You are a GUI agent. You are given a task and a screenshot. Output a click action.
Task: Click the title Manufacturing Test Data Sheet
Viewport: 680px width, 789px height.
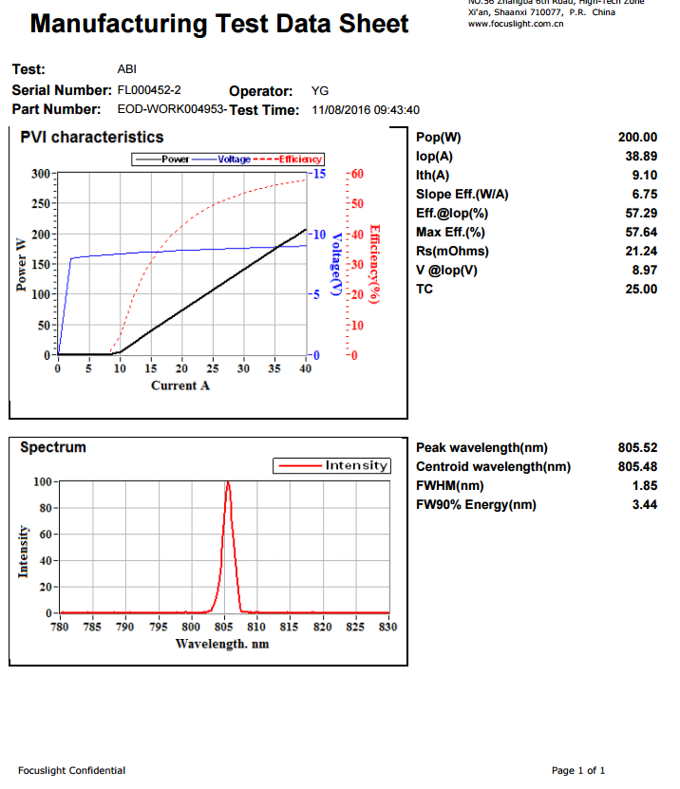pos(219,24)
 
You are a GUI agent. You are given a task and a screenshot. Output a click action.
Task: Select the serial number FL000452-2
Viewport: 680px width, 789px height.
pos(149,90)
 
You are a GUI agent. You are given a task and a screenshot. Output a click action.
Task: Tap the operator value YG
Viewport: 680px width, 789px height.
pos(320,91)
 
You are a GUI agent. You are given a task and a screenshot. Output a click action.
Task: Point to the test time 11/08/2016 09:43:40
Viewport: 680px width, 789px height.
pos(366,110)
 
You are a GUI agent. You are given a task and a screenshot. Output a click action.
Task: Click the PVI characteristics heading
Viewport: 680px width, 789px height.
pos(92,138)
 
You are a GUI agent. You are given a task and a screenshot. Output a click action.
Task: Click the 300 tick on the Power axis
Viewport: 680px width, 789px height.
pos(41,174)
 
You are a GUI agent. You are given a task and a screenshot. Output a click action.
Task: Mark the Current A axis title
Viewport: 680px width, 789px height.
pos(180,385)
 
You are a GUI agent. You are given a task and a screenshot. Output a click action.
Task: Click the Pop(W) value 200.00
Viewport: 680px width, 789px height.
pos(637,138)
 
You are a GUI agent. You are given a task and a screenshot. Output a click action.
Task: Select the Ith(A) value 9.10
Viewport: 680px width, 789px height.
pos(644,176)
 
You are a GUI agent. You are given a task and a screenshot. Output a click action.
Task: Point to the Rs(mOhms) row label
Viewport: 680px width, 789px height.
pos(452,252)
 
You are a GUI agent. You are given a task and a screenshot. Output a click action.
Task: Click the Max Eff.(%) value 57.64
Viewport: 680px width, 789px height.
pos(641,233)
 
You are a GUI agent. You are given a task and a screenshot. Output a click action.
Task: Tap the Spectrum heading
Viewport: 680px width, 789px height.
pos(53,447)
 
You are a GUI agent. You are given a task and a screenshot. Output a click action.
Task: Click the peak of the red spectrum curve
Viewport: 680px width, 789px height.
pos(228,482)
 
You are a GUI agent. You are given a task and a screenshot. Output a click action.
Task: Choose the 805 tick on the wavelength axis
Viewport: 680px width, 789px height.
pos(224,627)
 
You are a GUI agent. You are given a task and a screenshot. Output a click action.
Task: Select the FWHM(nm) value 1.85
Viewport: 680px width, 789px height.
pos(645,486)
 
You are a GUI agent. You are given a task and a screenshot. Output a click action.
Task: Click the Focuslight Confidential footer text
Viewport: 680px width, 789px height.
pos(71,770)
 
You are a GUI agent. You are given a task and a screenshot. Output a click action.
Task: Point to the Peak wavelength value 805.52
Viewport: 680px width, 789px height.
pos(637,448)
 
